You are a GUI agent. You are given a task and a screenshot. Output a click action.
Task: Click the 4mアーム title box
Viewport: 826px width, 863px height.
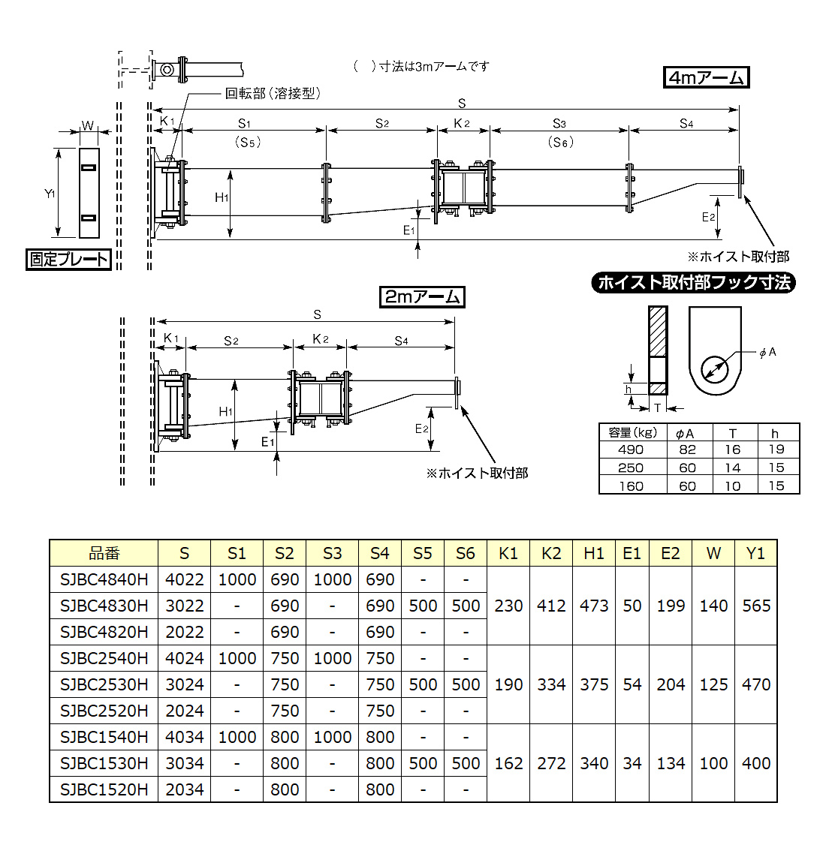click(x=707, y=77)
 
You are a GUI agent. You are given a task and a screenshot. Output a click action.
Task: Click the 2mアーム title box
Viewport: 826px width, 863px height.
click(x=422, y=297)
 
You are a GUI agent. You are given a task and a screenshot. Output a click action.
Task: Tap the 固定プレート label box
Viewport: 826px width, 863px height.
click(x=68, y=260)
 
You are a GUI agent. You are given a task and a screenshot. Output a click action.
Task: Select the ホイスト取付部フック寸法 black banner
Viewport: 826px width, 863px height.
click(x=693, y=283)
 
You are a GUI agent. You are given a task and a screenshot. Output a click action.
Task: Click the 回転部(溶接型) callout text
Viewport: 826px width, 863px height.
click(x=273, y=93)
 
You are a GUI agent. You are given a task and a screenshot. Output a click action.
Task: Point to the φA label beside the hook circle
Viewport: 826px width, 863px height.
click(x=767, y=352)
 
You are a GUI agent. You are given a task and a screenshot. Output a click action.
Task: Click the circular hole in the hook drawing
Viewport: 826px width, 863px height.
click(x=715, y=368)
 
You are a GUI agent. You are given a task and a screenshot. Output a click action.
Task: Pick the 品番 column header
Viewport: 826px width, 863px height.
click(x=104, y=553)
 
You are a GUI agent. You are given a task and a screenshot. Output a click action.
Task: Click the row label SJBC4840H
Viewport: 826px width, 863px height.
click(x=104, y=579)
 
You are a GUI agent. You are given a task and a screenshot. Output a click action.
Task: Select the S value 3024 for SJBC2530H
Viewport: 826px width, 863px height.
click(x=184, y=684)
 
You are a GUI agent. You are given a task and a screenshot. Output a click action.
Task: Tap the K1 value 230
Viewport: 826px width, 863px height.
click(x=508, y=606)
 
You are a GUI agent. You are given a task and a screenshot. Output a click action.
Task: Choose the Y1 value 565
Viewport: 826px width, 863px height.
click(x=756, y=606)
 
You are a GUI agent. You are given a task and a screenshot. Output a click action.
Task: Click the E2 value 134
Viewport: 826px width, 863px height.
click(x=671, y=763)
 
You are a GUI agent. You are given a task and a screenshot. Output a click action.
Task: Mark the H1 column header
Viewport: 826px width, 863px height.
click(x=594, y=553)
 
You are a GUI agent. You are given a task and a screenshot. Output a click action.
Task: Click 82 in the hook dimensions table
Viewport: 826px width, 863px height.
click(x=687, y=450)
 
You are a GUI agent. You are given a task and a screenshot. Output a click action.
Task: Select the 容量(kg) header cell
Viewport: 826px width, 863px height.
click(x=632, y=432)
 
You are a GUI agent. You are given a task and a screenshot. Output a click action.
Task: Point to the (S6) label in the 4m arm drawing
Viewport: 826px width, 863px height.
click(x=560, y=142)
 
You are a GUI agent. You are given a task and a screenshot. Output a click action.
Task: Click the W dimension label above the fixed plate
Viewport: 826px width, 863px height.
click(x=88, y=125)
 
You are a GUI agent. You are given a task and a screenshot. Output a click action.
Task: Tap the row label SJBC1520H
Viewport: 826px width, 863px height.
click(x=104, y=789)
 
